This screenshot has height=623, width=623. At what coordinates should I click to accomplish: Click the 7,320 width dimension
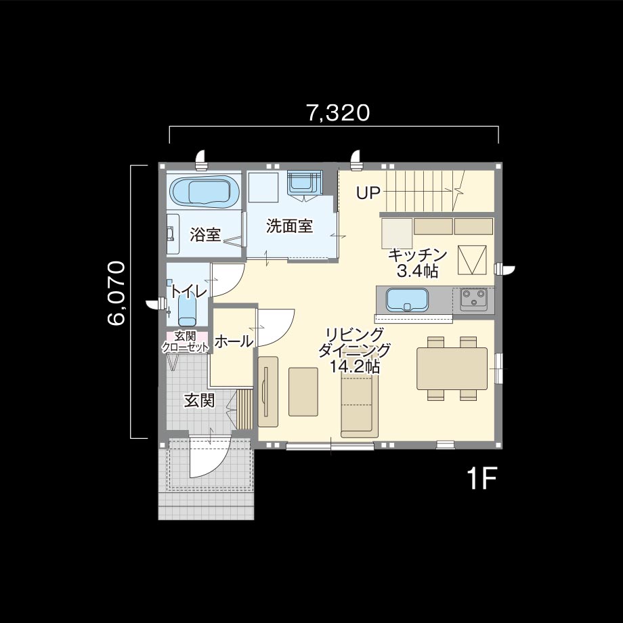point(338,113)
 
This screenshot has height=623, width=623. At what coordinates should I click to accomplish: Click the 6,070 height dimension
point(116,293)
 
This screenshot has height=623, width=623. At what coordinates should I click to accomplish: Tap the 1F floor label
point(482,479)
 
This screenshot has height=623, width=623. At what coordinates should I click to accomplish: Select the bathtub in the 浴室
point(205,192)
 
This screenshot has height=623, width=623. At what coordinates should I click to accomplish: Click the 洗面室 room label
point(289,226)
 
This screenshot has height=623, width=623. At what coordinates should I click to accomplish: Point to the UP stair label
point(368,193)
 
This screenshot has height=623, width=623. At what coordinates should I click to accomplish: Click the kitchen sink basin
point(407,299)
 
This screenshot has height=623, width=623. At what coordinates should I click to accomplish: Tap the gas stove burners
point(473,299)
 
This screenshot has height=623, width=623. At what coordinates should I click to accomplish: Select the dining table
point(452,368)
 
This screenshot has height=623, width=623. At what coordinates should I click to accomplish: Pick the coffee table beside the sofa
point(303,392)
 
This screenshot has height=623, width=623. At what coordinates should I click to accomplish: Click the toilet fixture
point(187,311)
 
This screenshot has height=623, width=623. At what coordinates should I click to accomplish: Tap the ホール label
point(234,341)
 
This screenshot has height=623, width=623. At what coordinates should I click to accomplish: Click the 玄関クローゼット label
point(185,342)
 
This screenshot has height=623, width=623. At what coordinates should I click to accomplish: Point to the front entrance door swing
point(210,457)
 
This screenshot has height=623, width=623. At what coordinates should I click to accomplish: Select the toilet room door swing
point(226,280)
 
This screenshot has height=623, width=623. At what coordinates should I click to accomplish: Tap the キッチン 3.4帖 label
point(417,263)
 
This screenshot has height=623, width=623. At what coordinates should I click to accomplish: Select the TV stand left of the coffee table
point(267,392)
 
